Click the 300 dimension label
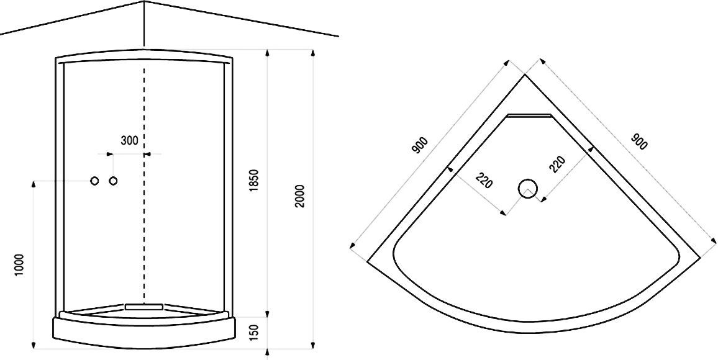pos(129,140)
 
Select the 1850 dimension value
pos(253,180)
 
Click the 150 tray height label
pos(253,333)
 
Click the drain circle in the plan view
pos(527,188)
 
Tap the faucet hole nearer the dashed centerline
pos(114,181)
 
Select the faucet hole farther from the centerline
pos(94,181)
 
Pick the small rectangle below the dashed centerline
pos(143,306)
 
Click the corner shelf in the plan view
pos(529,115)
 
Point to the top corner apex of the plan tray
pos(525,74)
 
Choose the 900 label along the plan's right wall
pos(638,142)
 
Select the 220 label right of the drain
pos(557,164)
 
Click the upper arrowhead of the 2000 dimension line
pos(313,52)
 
